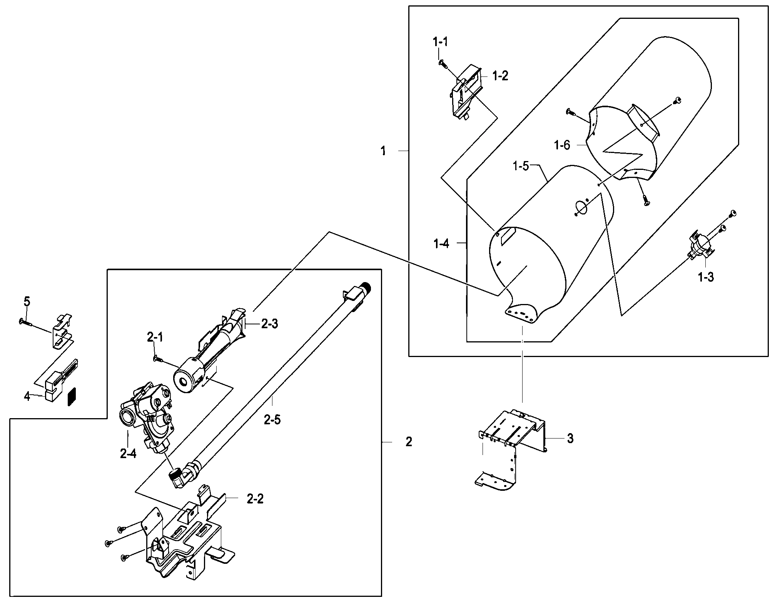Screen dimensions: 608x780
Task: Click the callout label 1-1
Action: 440,42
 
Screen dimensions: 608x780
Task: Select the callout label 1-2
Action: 500,76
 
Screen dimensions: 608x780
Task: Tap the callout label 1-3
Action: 706,277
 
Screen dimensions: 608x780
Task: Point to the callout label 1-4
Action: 441,244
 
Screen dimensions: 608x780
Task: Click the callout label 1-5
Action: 521,167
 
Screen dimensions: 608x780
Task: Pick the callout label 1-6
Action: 562,145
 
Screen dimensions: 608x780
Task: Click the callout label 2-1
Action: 155,337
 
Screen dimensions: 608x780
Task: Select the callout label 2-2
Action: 255,499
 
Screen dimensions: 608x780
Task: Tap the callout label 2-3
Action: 269,324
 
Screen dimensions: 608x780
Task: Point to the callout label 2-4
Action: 128,454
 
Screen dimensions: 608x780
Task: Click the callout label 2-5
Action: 272,420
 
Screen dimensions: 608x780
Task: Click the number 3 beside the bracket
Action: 570,439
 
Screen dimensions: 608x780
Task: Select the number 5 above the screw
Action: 27,302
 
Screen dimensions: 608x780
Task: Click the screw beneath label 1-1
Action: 442,63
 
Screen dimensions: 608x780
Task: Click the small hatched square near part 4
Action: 72,396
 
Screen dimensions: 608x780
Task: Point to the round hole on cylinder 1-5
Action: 580,207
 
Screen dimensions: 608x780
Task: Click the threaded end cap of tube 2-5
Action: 365,286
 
